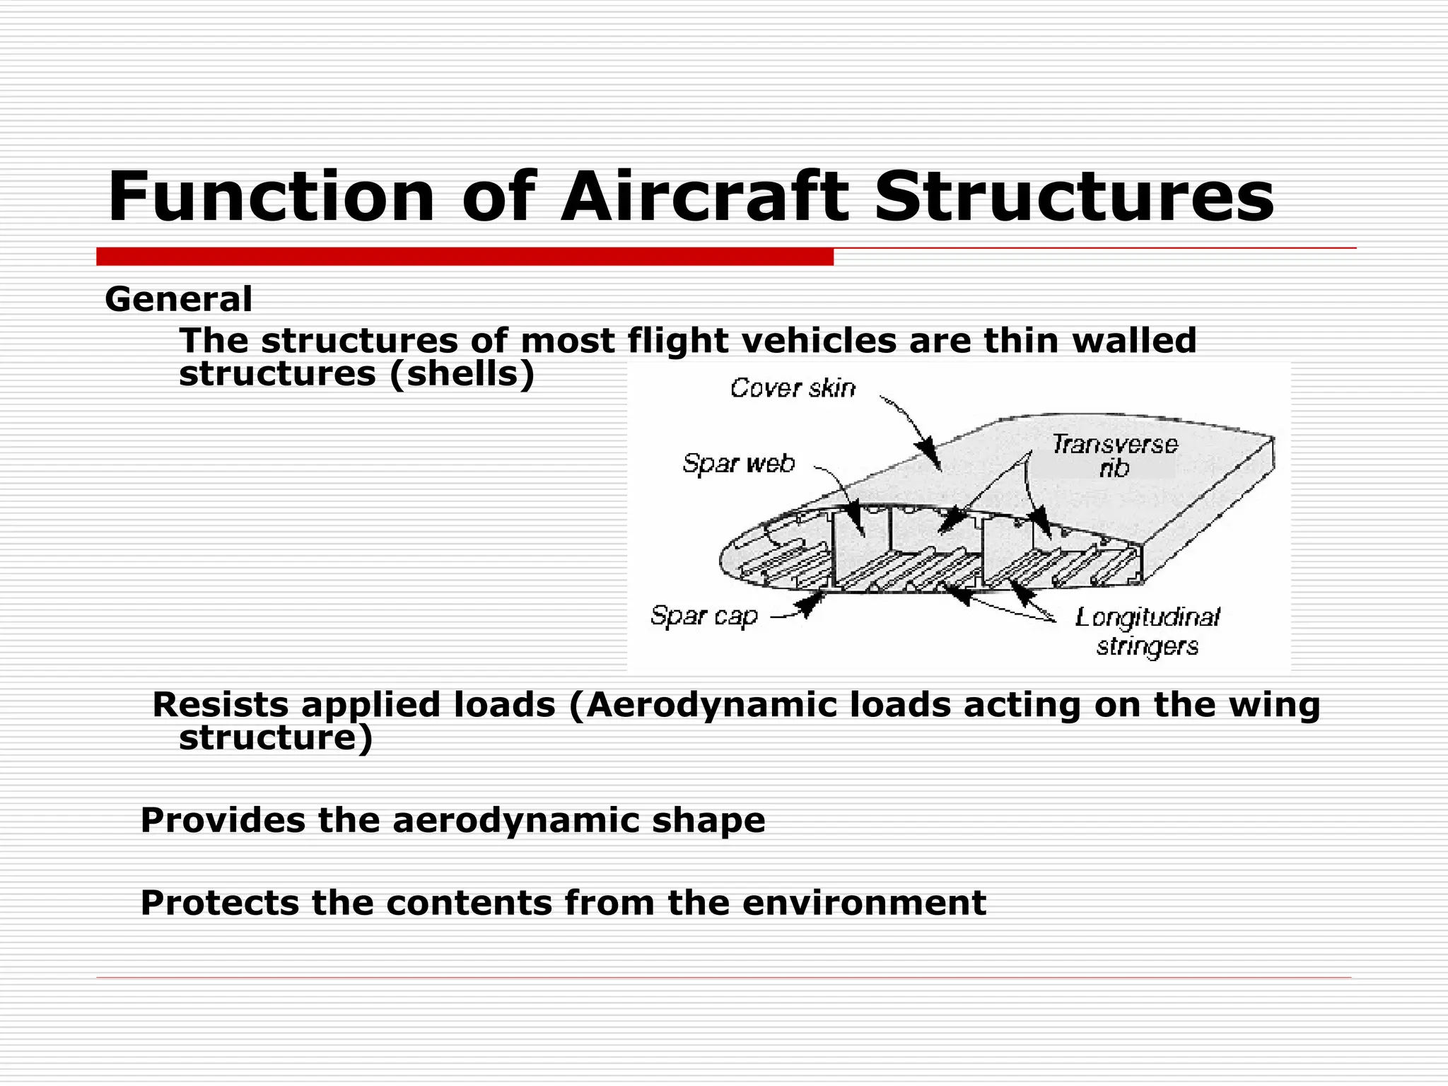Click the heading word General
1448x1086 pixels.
pos(178,299)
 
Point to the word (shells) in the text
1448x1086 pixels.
pos(462,374)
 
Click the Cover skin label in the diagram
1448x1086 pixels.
pos(793,388)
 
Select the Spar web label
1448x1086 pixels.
pos(739,463)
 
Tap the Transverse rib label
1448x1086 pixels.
pos(1115,455)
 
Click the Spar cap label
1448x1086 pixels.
pos(704,616)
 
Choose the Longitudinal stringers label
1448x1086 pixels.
pos(1148,631)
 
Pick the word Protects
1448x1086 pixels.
pos(219,903)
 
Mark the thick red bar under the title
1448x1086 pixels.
pos(465,257)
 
